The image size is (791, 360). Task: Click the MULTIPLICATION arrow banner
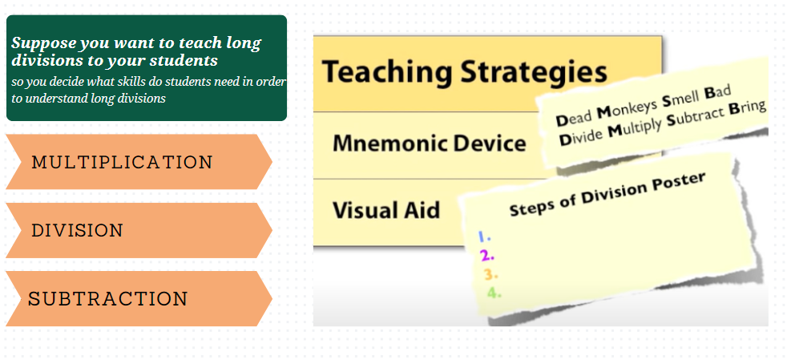click(139, 162)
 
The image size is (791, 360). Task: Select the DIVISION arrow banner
click(139, 230)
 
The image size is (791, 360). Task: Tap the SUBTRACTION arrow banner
click(139, 298)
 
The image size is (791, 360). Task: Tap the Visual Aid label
click(386, 209)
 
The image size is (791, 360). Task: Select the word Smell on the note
click(680, 99)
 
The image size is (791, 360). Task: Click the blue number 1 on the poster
click(484, 237)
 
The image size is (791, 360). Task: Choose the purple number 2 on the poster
click(487, 256)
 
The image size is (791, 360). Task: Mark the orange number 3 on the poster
click(490, 274)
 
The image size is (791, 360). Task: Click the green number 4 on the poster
click(494, 293)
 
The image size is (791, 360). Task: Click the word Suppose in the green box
click(44, 43)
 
